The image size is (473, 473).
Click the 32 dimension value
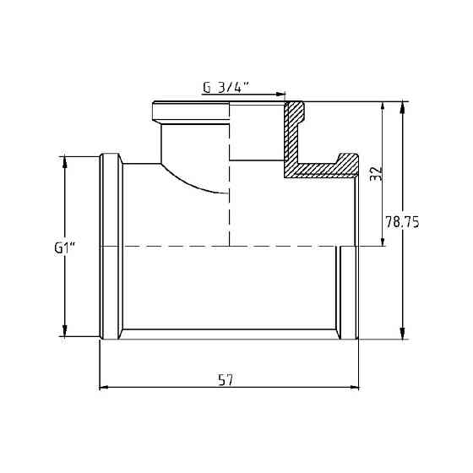(x=378, y=173)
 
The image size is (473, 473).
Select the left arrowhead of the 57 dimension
(x=105, y=389)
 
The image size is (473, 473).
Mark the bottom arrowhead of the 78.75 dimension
(x=402, y=333)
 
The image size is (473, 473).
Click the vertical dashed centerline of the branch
(x=229, y=211)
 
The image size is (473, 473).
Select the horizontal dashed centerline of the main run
(x=228, y=246)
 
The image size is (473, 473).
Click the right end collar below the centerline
(x=350, y=291)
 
